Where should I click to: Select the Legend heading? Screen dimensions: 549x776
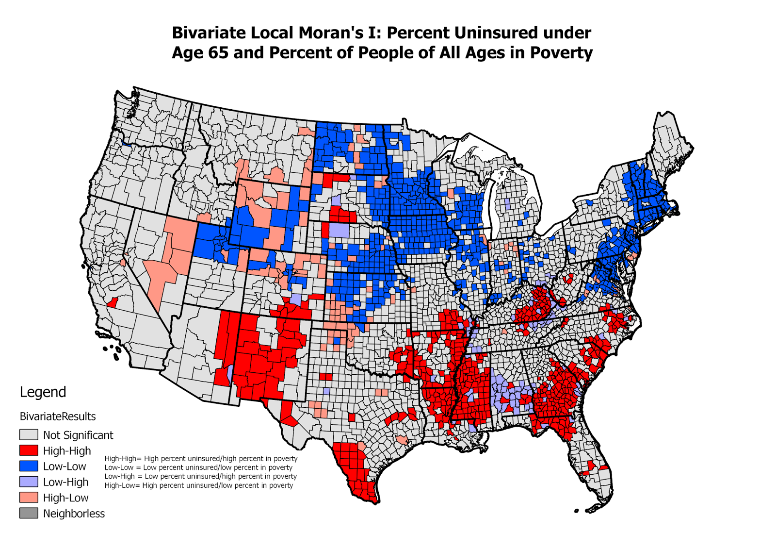[x=43, y=392]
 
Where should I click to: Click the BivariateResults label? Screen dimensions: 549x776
[x=58, y=416]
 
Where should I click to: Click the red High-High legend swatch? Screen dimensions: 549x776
[x=29, y=450]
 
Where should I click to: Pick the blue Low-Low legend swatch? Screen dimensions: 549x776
[x=29, y=466]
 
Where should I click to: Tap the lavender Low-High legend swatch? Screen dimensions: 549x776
[x=29, y=482]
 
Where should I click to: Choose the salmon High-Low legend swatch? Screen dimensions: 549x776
[x=29, y=497]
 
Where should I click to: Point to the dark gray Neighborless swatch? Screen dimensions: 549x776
[x=29, y=513]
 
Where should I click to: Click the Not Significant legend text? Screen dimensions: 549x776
[x=78, y=435]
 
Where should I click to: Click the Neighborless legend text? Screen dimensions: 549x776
[x=74, y=513]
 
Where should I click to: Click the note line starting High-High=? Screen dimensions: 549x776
[x=201, y=458]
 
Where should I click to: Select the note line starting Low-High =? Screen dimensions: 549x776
[x=200, y=476]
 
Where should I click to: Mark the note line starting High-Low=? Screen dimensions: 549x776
[x=199, y=485]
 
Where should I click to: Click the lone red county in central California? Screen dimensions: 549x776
[x=112, y=302]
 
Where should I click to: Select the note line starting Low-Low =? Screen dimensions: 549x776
[x=198, y=467]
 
